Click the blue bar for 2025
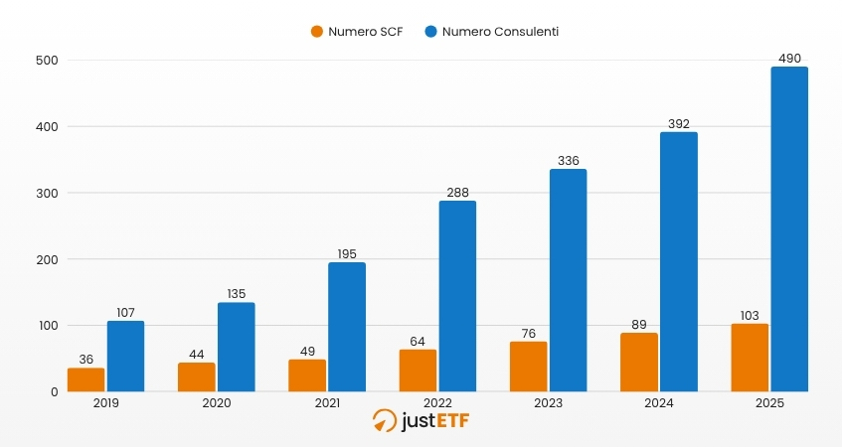789,229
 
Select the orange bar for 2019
85,379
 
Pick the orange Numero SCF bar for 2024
638,363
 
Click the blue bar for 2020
237,347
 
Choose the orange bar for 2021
307,375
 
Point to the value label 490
789,59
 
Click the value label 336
568,161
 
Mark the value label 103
749,316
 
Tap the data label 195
347,254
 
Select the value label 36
85,360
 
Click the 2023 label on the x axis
548,403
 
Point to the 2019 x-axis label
105,403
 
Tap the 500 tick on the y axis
47,61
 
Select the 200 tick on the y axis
47,259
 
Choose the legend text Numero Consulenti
500,32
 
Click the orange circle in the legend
317,32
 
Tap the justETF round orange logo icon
384,421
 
